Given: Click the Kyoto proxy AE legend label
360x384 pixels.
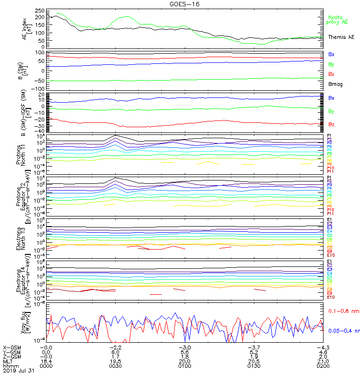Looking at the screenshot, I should [338, 19].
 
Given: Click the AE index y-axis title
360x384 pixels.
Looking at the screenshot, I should [26, 28].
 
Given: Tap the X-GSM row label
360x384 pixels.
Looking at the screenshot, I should [12, 347].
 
